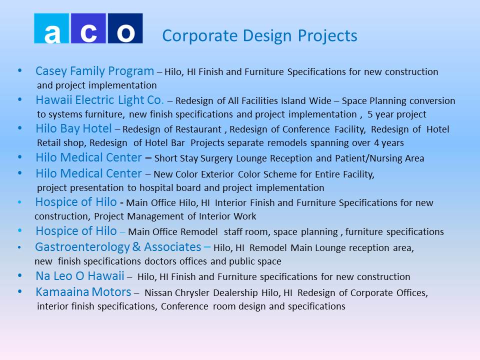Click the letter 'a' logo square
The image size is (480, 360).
51,28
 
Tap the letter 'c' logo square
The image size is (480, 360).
88,28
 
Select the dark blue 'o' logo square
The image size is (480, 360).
125,28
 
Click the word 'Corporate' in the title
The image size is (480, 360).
200,36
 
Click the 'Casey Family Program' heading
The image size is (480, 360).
94,71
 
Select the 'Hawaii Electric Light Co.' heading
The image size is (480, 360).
99,100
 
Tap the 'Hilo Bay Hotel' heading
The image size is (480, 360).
74,129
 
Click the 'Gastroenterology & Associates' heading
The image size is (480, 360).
118,247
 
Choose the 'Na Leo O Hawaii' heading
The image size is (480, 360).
80,276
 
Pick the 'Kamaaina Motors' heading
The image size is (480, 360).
83,292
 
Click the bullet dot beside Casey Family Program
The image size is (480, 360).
20,70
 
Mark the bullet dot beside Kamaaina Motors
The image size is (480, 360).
20,291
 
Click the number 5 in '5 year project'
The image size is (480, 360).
370,114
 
